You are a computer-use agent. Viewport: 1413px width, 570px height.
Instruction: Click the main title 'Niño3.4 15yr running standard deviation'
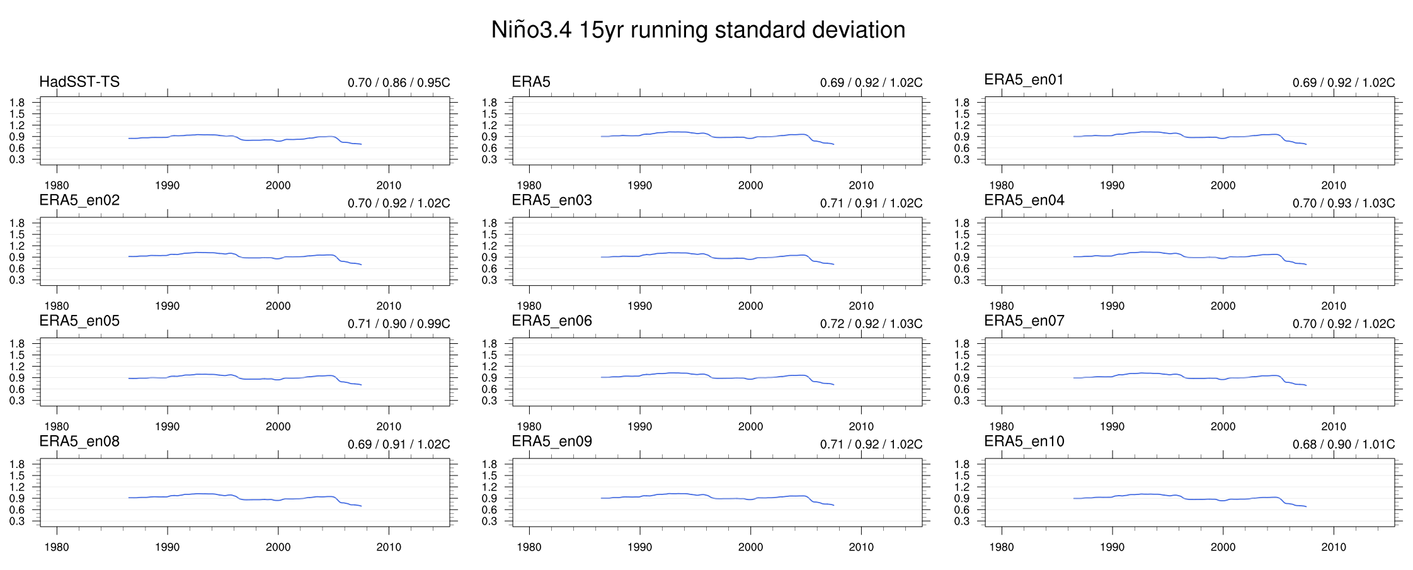(698, 30)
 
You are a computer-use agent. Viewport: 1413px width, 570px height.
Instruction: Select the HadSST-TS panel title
(79, 82)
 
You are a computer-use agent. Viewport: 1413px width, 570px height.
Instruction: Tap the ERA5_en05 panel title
(79, 321)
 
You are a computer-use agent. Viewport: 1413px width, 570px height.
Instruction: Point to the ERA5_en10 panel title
(1024, 442)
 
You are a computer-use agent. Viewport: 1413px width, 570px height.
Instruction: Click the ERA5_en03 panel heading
(552, 200)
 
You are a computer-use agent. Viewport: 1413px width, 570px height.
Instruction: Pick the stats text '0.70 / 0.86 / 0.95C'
(399, 83)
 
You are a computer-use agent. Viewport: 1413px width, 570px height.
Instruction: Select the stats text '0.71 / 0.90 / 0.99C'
(399, 324)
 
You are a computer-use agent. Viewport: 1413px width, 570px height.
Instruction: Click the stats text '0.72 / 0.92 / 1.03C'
(871, 324)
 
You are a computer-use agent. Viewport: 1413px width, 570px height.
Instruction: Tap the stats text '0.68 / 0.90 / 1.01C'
(1344, 445)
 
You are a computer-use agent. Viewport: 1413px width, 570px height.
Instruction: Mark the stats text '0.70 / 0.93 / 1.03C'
(1344, 203)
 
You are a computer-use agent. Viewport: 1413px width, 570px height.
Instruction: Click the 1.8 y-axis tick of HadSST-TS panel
(17, 103)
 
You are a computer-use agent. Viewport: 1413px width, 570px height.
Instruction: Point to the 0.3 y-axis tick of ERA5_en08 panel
(17, 522)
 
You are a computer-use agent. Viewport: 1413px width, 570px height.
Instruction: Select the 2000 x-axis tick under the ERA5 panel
(750, 186)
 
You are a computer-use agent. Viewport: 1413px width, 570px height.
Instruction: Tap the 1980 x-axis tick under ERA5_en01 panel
(1002, 186)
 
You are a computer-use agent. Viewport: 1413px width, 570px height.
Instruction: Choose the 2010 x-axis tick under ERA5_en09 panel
(861, 547)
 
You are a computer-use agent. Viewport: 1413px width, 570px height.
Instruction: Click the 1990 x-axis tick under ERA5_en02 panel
(168, 306)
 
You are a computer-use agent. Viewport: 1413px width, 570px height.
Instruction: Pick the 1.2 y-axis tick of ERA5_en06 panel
(489, 367)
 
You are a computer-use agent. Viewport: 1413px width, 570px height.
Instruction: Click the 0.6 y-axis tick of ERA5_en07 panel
(962, 389)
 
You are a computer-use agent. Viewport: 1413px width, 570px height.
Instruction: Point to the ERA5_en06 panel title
(552, 321)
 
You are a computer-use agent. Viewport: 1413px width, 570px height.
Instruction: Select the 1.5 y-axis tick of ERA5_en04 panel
(962, 235)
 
